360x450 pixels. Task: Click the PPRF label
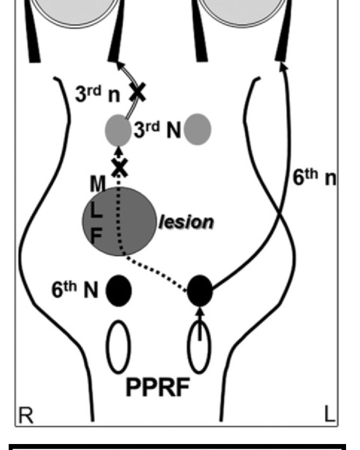point(158,387)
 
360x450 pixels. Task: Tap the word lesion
point(186,222)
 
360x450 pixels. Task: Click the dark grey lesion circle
point(120,222)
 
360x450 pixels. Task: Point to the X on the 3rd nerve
point(138,92)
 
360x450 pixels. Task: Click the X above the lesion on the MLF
point(120,168)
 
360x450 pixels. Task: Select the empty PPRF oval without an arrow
point(119,346)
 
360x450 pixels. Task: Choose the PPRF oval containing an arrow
point(199,346)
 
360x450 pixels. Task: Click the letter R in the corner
point(25,415)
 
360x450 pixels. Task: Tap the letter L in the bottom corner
point(330,414)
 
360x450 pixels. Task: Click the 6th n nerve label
point(314,177)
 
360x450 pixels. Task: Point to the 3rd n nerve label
point(97,94)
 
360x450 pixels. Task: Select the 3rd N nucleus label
point(157,130)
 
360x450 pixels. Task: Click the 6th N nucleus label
point(75,289)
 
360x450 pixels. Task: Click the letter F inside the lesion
point(96,236)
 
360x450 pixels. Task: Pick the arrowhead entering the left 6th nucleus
point(200,311)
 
